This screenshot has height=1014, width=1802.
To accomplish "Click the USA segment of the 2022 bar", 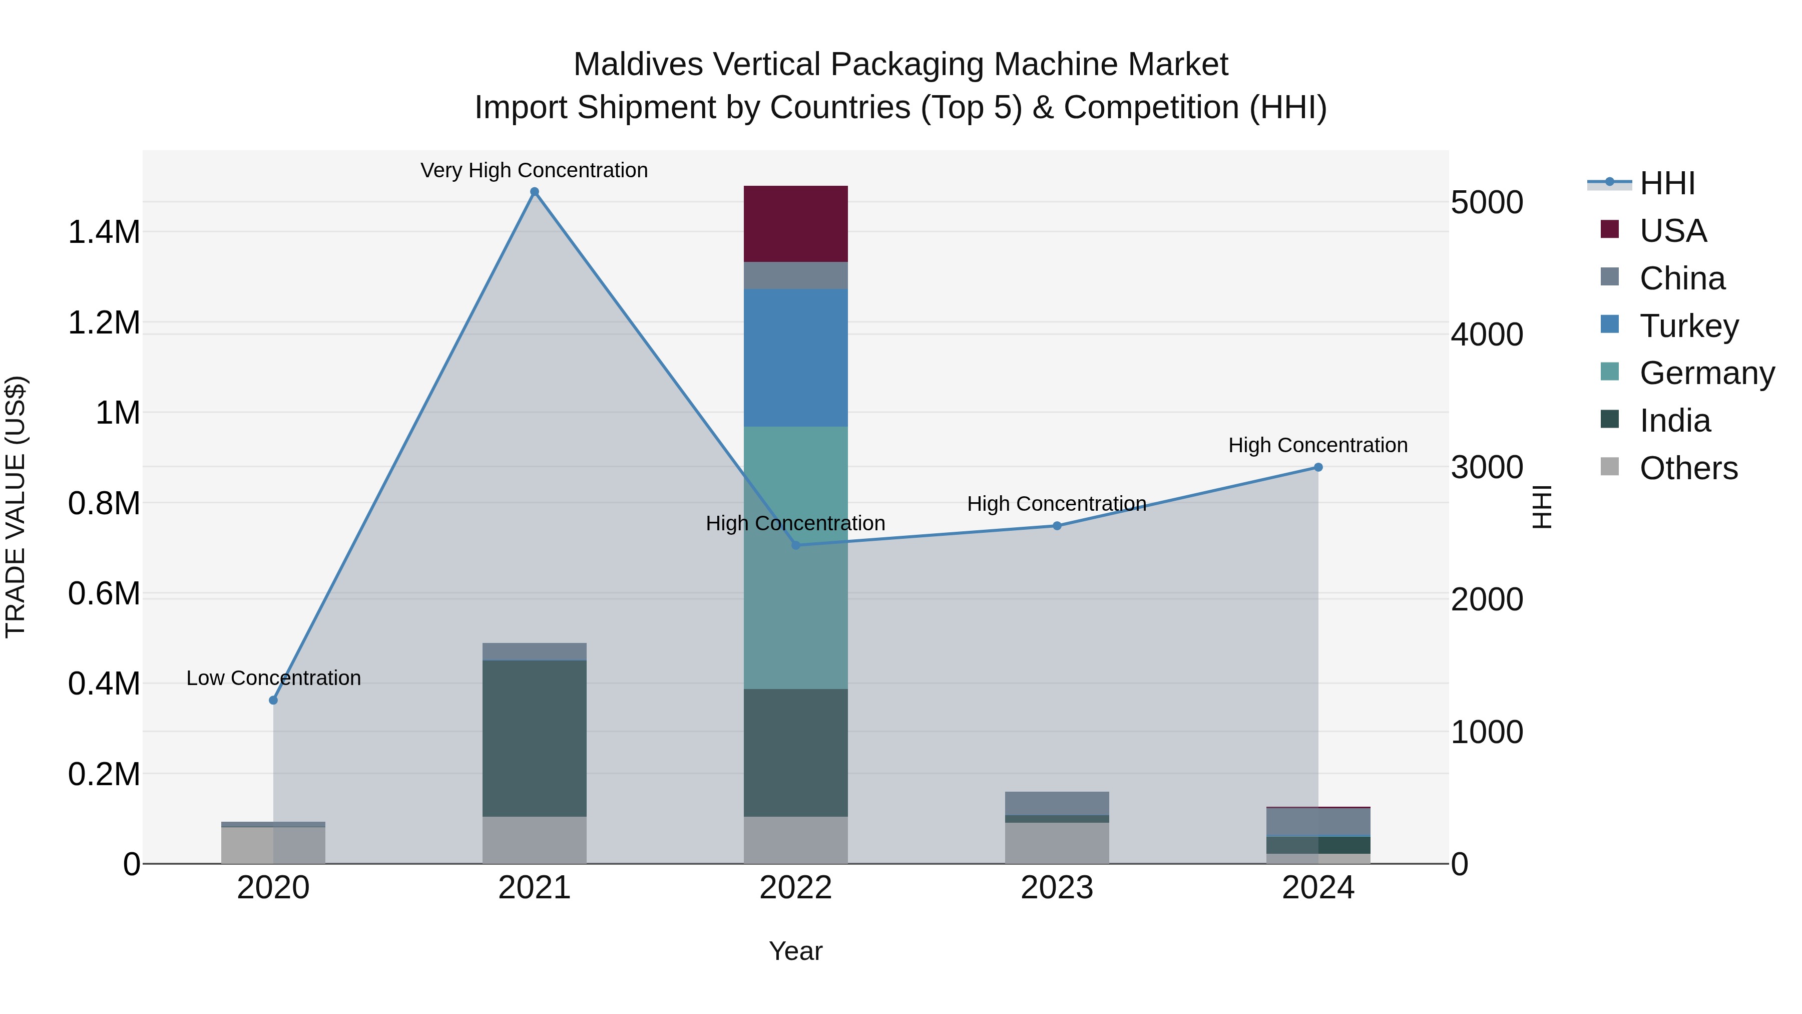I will pyautogui.click(x=795, y=224).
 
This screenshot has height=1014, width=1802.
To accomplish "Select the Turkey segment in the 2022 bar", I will pyautogui.click(x=795, y=358).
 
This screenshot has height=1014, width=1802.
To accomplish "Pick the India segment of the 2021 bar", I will pyautogui.click(x=535, y=738).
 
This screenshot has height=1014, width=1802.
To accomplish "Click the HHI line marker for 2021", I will pyautogui.click(x=535, y=192).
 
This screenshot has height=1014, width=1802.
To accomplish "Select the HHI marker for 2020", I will pyautogui.click(x=273, y=700).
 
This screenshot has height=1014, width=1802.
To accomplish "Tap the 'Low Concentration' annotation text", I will pyautogui.click(x=273, y=678).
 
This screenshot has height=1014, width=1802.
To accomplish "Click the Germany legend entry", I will pyautogui.click(x=1707, y=373).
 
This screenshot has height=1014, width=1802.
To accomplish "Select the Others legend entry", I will pyautogui.click(x=1688, y=468).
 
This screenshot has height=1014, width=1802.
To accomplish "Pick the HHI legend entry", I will pyautogui.click(x=1666, y=183).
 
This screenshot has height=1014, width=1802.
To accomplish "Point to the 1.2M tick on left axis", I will pyautogui.click(x=104, y=322).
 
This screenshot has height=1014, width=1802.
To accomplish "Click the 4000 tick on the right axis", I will pyautogui.click(x=1487, y=334).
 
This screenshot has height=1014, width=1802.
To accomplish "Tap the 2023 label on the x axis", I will pyautogui.click(x=1056, y=887).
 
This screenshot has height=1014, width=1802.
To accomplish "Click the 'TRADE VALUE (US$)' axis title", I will pyautogui.click(x=16, y=507).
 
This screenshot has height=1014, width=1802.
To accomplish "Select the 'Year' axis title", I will pyautogui.click(x=795, y=951).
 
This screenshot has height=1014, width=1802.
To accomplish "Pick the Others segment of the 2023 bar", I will pyautogui.click(x=1056, y=843).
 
